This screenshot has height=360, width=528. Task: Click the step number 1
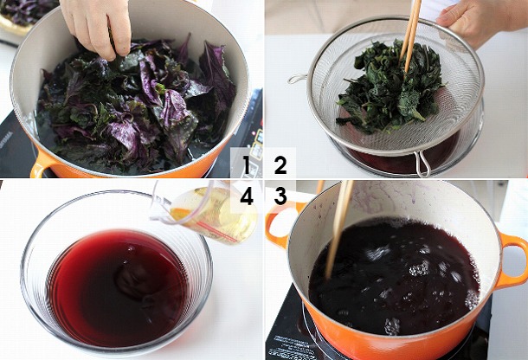tap(246, 165)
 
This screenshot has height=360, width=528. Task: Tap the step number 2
tap(280, 165)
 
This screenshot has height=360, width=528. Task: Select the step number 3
tap(280, 196)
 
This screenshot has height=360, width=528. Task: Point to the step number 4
tap(247, 196)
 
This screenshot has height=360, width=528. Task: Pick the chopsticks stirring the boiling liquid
tap(338, 229)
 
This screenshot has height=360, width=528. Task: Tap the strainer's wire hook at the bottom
tap(422, 164)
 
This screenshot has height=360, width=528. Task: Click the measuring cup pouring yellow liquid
tap(205, 212)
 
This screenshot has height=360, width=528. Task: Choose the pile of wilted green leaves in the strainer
tap(390, 87)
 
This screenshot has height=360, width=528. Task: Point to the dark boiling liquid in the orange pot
tap(394, 276)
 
